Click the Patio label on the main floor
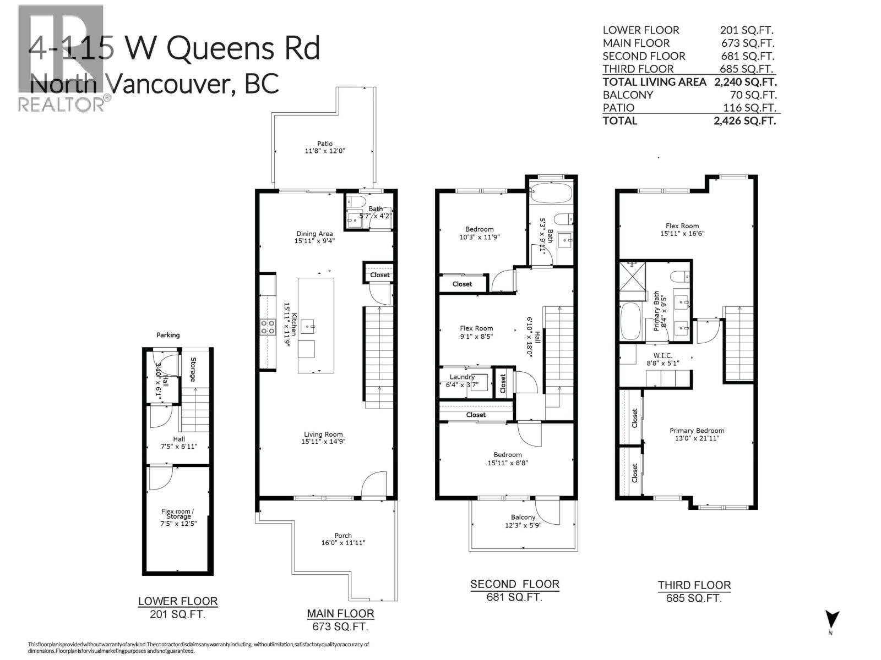tap(325, 144)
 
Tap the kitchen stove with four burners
tap(268, 327)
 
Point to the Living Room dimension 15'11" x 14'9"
tap(323, 442)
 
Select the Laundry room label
tap(461, 377)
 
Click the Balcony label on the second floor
tap(523, 517)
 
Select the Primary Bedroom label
tap(697, 431)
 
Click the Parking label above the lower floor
tap(168, 334)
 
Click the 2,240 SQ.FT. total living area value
tap(744, 82)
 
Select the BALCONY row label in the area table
tap(628, 95)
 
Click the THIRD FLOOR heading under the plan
tap(694, 585)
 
